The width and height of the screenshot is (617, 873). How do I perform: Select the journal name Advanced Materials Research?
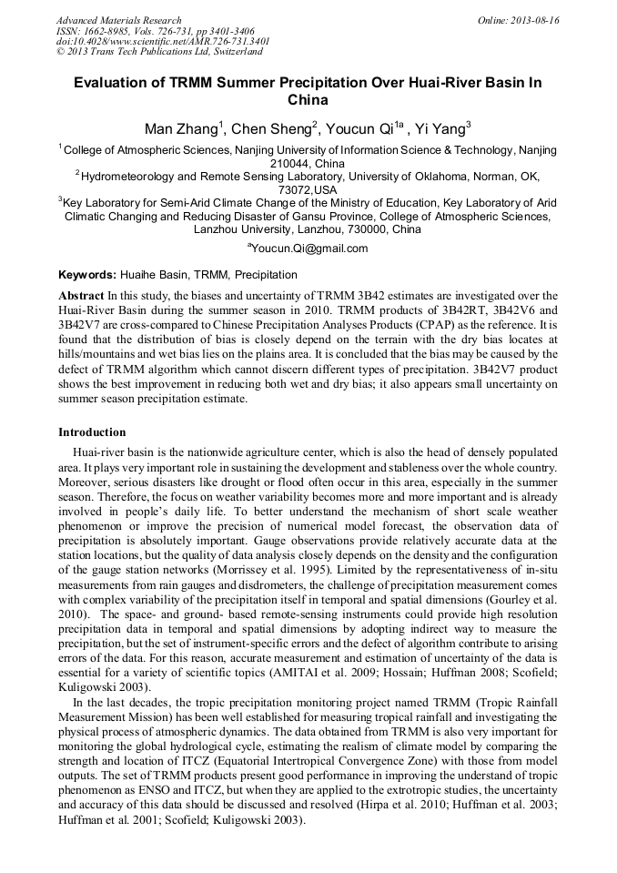pyautogui.click(x=118, y=20)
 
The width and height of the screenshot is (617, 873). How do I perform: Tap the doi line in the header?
pyautogui.click(x=162, y=41)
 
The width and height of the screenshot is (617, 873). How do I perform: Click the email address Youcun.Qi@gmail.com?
pyautogui.click(x=309, y=248)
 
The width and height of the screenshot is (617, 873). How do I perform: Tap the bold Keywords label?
pyautogui.click(x=87, y=274)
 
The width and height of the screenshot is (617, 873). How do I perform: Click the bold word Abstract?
pyautogui.click(x=81, y=296)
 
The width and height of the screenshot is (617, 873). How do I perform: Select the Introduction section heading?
pyautogui.click(x=92, y=431)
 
